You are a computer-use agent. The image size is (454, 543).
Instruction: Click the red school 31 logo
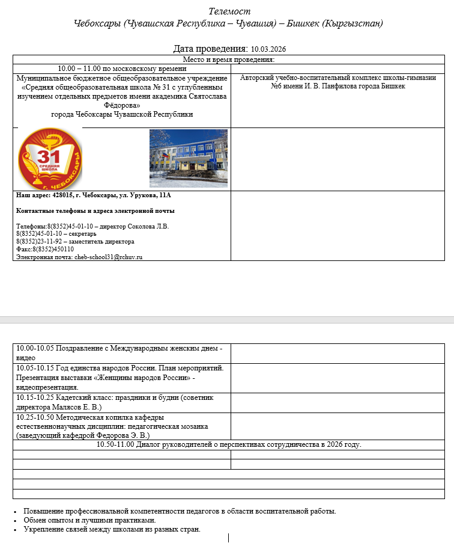50,159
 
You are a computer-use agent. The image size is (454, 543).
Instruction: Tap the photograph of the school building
188,158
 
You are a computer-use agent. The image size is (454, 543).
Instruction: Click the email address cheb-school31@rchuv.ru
108,257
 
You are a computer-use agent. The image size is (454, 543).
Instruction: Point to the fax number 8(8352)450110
53,249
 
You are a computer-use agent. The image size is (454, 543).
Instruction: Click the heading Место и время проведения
229,60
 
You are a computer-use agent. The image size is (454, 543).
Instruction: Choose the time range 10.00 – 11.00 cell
121,68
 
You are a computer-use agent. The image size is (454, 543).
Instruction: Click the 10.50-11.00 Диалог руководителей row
229,445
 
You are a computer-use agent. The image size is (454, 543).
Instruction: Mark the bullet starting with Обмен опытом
89,520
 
